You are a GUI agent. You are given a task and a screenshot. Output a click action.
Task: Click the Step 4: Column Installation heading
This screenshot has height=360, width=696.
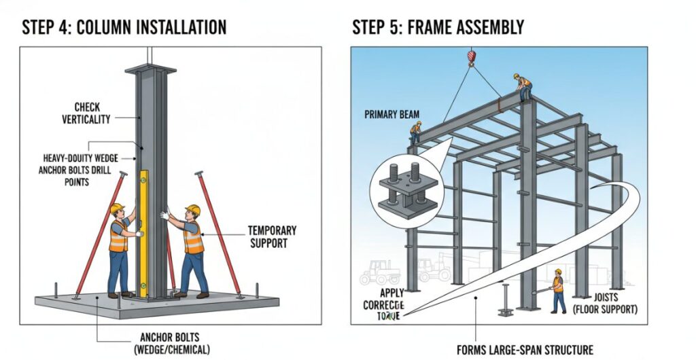click(124, 27)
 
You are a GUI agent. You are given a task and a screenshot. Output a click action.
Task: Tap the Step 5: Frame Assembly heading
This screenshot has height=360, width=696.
click(438, 27)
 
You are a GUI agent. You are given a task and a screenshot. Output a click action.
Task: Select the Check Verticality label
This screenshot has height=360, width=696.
click(87, 113)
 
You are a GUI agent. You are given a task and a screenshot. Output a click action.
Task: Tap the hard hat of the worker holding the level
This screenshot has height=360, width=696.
click(117, 209)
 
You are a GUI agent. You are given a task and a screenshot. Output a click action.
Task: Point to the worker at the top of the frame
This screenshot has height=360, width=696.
click(522, 87)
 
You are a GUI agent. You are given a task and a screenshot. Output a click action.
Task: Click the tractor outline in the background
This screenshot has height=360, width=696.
click(379, 272)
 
